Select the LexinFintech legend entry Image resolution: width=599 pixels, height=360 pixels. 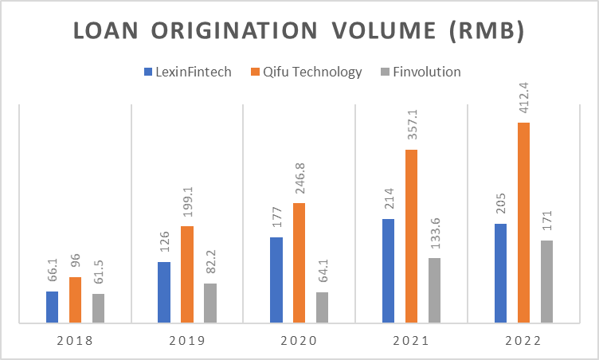(187, 72)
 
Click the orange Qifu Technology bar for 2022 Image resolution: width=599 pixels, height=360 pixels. (523, 223)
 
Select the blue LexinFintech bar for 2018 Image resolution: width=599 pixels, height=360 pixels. (52, 307)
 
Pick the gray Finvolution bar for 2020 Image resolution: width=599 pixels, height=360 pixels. (322, 307)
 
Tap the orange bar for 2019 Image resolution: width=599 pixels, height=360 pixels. (186, 275)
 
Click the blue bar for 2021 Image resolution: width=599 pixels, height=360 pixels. (388, 271)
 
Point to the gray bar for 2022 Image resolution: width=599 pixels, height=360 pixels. (546, 281)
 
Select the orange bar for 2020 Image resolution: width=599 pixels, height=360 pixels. (299, 263)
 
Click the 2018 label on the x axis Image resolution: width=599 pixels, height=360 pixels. (75, 340)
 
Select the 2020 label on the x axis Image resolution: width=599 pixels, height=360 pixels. (299, 340)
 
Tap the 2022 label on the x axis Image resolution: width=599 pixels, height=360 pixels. (523, 340)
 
